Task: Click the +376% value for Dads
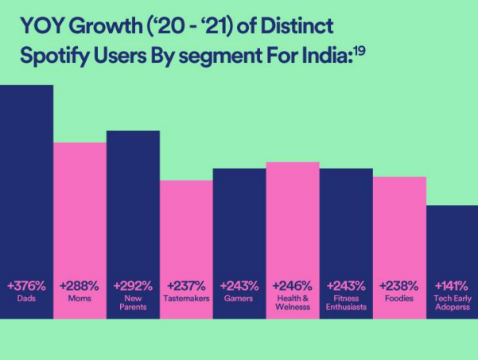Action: click(26, 285)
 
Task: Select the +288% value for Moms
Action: click(80, 285)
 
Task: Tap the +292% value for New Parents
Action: click(133, 285)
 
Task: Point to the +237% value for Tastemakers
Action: click(186, 285)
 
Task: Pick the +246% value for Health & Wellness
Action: click(293, 285)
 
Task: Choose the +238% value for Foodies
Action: click(399, 285)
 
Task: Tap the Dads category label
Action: click(26, 299)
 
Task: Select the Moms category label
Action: click(80, 299)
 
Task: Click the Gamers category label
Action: click(239, 299)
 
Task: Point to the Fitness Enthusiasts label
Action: click(346, 303)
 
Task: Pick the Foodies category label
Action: click(399, 299)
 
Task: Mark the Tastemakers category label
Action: click(186, 299)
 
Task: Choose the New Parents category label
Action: click(133, 303)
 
